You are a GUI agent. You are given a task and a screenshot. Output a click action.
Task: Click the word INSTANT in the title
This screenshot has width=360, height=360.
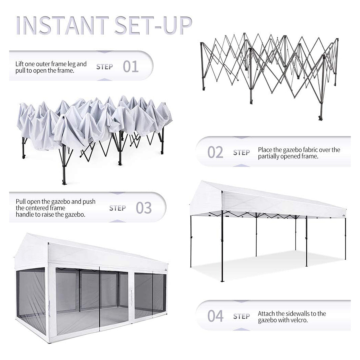[x=62, y=25]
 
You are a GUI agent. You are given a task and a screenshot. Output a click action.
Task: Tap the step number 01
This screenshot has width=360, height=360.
[x=130, y=66]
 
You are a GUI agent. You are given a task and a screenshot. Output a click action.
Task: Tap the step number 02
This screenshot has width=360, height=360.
[x=215, y=152]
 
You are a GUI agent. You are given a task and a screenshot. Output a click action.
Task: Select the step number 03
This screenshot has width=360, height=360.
[x=144, y=208]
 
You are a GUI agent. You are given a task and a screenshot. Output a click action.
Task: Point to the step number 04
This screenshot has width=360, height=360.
[x=215, y=316]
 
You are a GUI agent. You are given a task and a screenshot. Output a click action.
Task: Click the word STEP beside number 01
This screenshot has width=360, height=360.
[x=105, y=67]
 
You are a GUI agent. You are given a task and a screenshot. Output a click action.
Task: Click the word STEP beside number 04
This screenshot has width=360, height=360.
[x=241, y=316]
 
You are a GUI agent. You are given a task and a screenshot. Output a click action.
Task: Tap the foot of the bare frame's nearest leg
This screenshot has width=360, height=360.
[x=321, y=118]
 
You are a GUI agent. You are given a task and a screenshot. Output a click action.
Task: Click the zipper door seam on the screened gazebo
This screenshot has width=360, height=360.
[x=100, y=297]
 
